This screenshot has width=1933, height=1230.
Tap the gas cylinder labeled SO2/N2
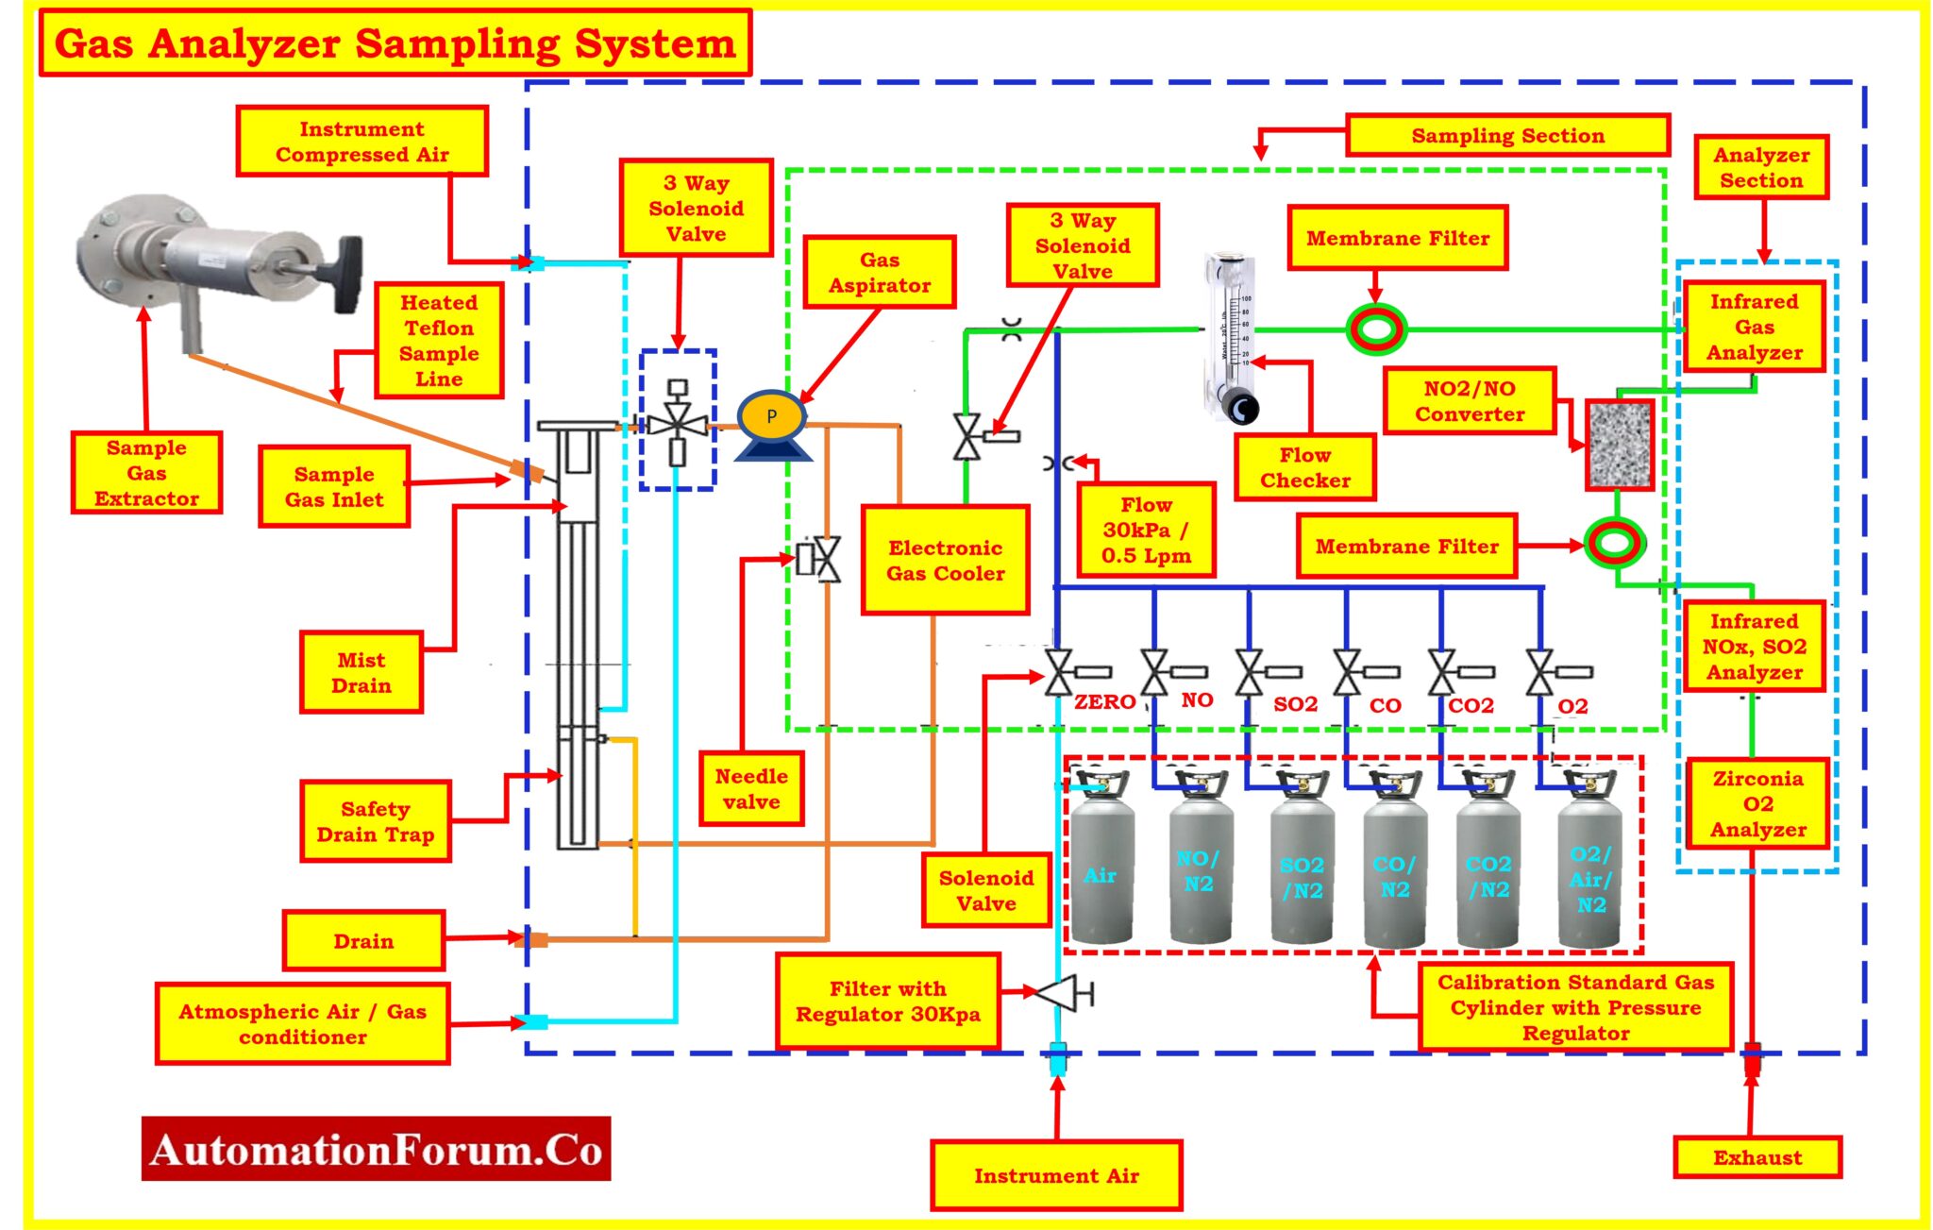(1302, 868)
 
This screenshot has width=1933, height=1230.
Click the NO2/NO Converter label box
(1469, 401)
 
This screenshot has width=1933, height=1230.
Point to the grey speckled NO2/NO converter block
(1619, 445)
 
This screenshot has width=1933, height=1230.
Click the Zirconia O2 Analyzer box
(1757, 804)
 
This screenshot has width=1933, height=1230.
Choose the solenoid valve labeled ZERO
(1059, 672)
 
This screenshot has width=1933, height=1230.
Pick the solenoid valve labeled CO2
(1442, 672)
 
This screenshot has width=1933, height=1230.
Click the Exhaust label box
(1757, 1157)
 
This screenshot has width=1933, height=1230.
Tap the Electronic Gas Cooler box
(945, 561)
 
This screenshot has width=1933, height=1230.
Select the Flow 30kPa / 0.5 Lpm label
(1145, 531)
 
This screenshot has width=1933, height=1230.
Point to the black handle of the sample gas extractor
(347, 273)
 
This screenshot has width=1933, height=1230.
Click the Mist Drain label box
(361, 672)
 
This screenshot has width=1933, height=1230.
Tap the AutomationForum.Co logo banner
(376, 1149)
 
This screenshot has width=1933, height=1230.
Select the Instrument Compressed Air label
(361, 142)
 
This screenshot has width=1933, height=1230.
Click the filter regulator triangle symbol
(1056, 993)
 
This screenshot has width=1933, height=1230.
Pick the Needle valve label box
(751, 789)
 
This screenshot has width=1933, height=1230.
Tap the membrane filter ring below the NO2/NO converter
(1614, 542)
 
